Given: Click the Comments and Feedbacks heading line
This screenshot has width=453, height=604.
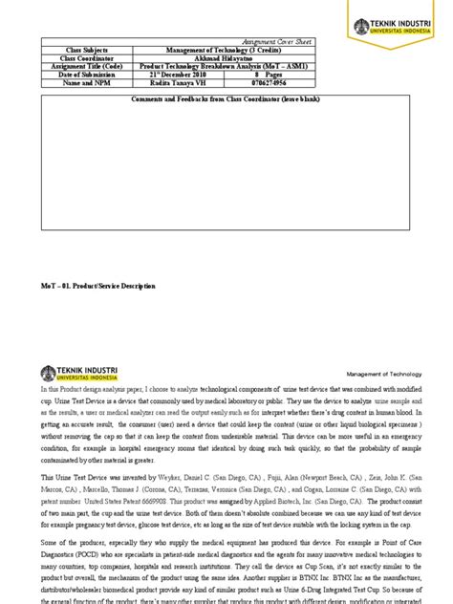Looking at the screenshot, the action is (x=226, y=98).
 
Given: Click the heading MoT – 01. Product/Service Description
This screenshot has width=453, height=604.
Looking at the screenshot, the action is (x=98, y=286).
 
